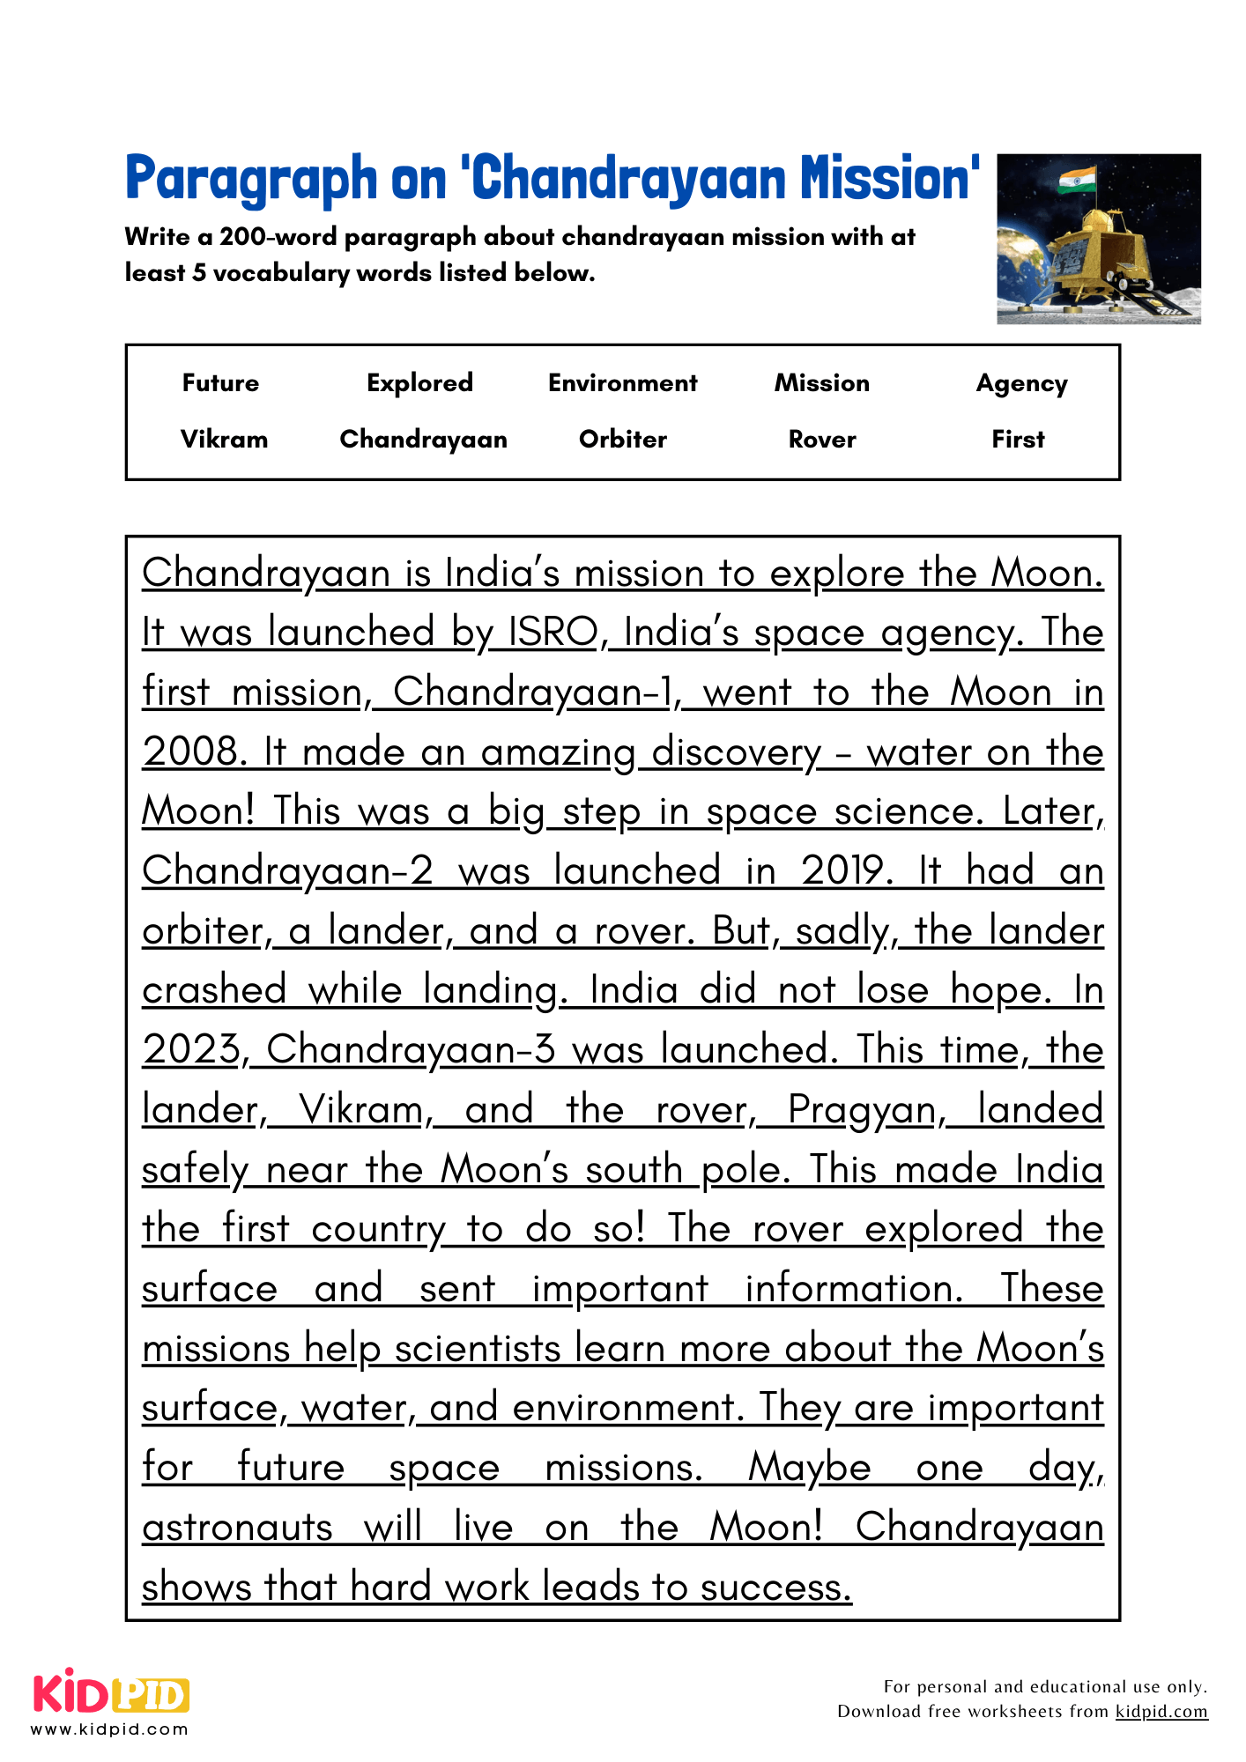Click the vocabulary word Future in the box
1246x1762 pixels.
click(220, 383)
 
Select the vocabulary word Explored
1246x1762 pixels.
click(419, 383)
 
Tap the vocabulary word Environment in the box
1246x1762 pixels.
click(622, 383)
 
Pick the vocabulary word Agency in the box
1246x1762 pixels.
click(1021, 384)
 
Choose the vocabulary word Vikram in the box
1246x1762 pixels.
click(224, 439)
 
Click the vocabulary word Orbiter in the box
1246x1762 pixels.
click(622, 439)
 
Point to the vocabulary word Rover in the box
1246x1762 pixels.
click(821, 439)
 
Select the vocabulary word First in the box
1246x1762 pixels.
click(1018, 439)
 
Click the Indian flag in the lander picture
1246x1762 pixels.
click(1078, 181)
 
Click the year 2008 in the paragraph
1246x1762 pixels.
click(190, 752)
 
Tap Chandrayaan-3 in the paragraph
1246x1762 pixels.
click(411, 1050)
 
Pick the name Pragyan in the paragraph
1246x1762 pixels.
click(862, 1110)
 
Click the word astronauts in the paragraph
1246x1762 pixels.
click(237, 1528)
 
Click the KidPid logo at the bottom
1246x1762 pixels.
click(111, 1695)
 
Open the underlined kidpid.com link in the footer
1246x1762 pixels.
click(1161, 1711)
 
